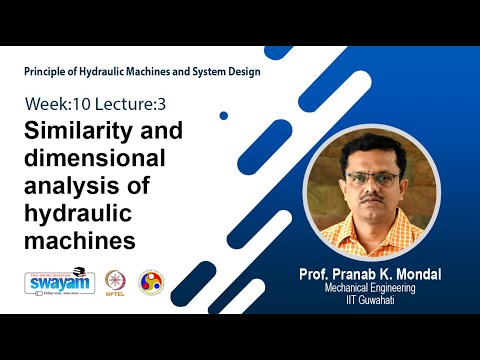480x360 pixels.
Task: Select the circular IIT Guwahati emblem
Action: (150, 282)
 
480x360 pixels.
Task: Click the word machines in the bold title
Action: (79, 241)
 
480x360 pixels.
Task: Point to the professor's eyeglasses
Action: (372, 178)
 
